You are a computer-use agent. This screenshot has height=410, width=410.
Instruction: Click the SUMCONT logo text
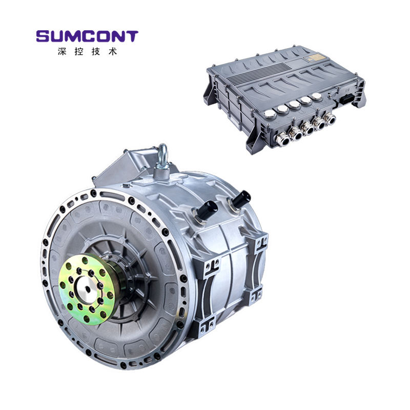pos(87,36)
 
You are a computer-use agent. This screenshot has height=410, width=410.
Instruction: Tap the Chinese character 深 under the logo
pos(62,51)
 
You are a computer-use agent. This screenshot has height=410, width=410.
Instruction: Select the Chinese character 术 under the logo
pos(112,51)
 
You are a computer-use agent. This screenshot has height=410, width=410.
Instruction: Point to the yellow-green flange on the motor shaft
pos(86,289)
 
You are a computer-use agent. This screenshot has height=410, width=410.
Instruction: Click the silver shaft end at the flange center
pos(87,289)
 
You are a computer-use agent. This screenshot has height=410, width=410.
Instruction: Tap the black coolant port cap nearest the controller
pos(241,198)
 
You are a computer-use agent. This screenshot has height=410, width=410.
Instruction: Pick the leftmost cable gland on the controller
pos(283,139)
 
